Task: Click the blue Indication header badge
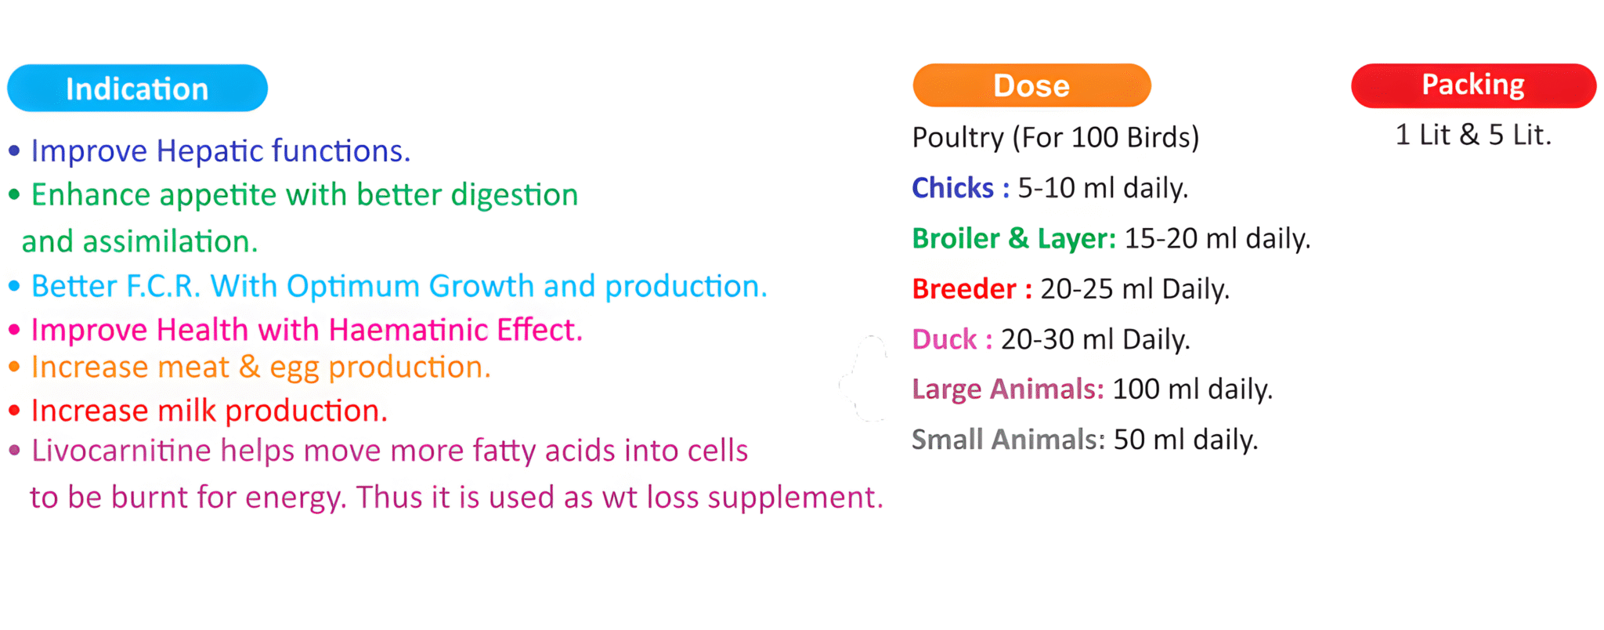pos(137,88)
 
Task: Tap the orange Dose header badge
pos(1031,85)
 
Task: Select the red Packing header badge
pos(1473,85)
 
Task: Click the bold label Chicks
pos(952,188)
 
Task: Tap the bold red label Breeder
pos(964,289)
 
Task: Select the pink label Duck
pos(945,339)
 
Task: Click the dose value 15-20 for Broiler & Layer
pos(1161,238)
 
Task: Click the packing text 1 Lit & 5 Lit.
pos(1472,135)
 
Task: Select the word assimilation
pos(170,241)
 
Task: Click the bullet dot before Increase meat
pos(14,366)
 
